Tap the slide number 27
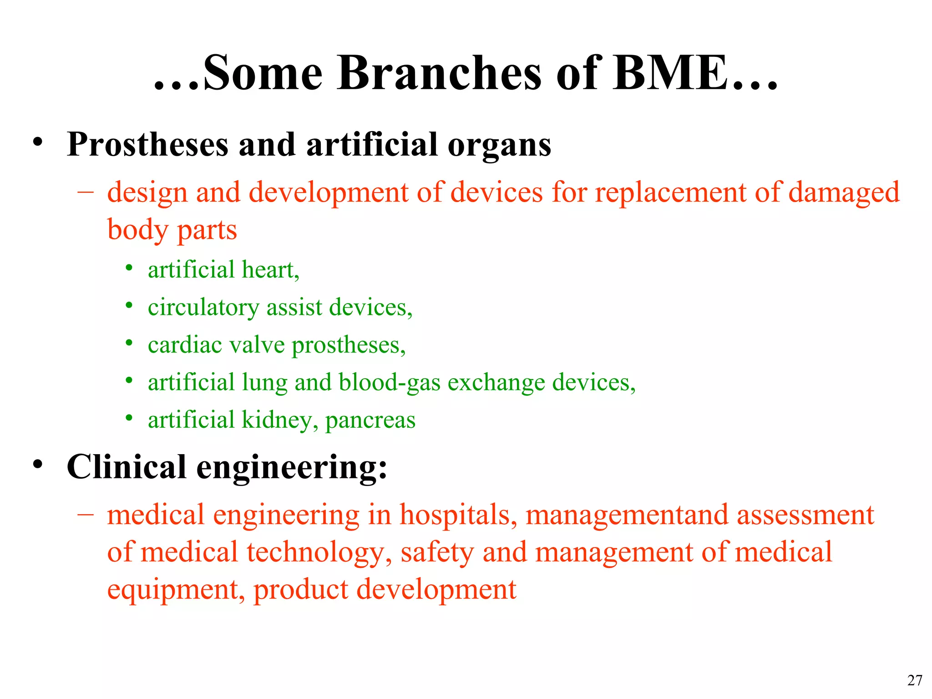(915, 680)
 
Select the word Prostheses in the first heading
(147, 145)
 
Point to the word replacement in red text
(670, 192)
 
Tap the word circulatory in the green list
(203, 308)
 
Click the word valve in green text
(257, 345)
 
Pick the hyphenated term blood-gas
(390, 382)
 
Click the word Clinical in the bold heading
(127, 467)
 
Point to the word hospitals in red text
(458, 515)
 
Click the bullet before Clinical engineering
(38, 464)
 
